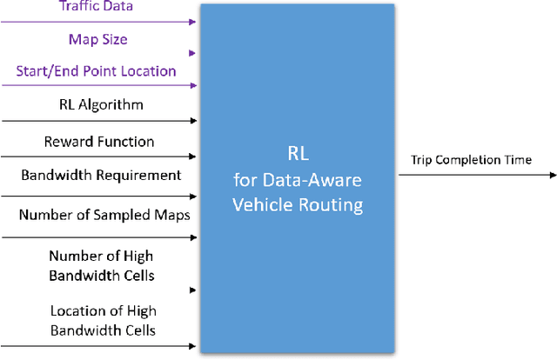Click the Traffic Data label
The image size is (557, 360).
[96, 6]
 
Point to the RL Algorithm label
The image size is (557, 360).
[96, 105]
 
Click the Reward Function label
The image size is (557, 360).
[98, 141]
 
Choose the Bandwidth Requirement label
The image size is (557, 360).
[101, 175]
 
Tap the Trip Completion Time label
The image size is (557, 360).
[471, 159]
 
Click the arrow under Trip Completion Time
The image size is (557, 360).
[477, 175]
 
